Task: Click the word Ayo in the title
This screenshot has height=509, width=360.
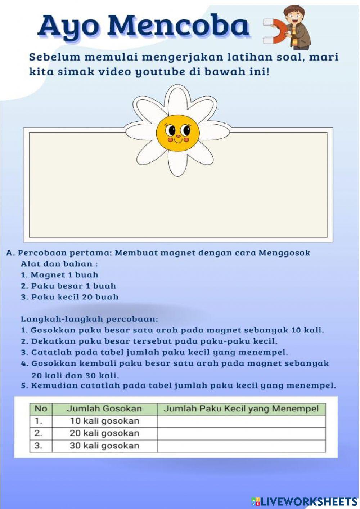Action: tap(68, 27)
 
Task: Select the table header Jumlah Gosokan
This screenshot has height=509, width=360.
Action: tap(104, 408)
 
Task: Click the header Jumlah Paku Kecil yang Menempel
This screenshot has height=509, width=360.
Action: tap(241, 408)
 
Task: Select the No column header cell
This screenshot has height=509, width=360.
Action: tap(41, 408)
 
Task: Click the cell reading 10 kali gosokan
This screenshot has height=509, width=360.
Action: tap(104, 421)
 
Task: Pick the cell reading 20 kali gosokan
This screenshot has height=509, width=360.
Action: tap(104, 433)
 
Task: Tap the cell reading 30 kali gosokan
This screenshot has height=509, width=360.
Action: tap(104, 446)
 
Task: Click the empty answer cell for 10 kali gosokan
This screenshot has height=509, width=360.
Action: tap(241, 421)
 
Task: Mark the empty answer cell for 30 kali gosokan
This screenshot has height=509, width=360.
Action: tap(241, 446)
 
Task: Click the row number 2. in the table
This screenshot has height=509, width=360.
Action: tap(39, 433)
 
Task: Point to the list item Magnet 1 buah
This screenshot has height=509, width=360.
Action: tap(60, 275)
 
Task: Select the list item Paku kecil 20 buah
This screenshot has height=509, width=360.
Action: tap(69, 297)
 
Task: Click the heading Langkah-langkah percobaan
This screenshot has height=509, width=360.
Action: tap(89, 319)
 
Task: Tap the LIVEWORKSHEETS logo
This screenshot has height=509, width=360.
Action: tap(304, 501)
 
